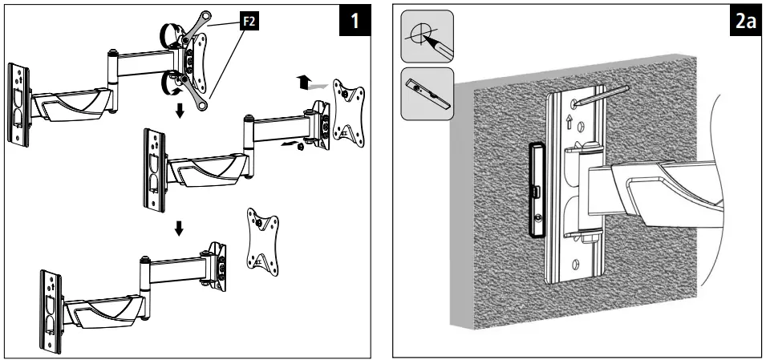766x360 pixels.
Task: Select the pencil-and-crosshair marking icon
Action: point(428,38)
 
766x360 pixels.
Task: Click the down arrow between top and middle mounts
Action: point(180,110)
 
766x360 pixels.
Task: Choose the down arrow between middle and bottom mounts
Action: point(180,229)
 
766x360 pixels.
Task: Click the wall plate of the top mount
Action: point(18,105)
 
